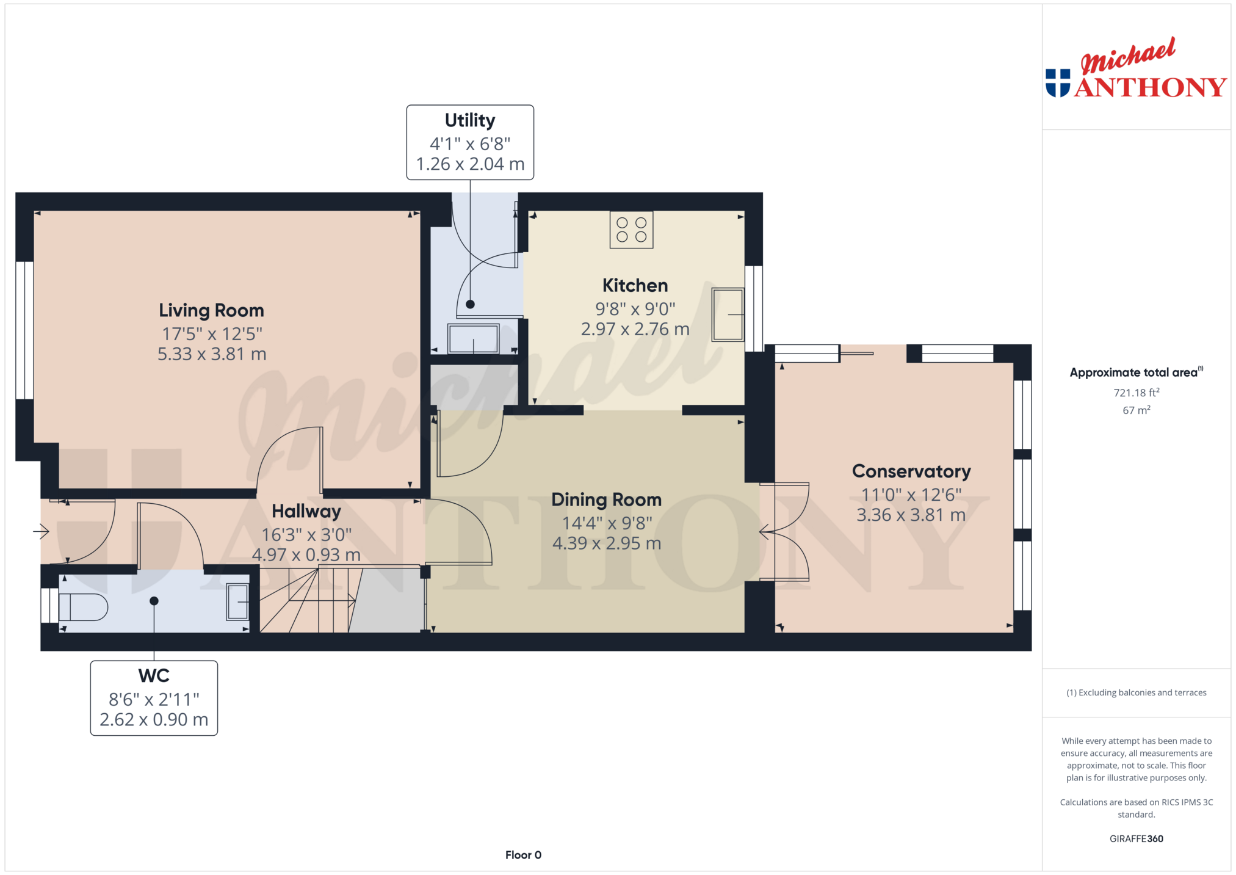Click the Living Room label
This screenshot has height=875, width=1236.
(211, 310)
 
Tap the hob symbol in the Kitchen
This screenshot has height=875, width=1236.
(631, 230)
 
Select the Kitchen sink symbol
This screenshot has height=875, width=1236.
(728, 314)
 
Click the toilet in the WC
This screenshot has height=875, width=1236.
(83, 607)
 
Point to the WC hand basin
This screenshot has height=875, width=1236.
(237, 602)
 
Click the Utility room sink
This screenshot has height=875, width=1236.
(474, 339)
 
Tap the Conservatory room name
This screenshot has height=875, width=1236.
(911, 471)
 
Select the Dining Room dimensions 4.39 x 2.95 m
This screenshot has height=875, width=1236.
(607, 543)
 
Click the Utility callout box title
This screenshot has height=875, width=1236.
(470, 120)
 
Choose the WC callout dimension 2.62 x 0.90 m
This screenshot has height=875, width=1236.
(154, 720)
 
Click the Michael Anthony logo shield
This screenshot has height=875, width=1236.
(1058, 83)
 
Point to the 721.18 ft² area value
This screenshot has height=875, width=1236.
(1137, 393)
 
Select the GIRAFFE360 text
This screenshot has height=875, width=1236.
(1137, 839)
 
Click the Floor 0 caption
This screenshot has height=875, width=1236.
(523, 855)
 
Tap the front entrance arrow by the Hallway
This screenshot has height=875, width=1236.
(41, 532)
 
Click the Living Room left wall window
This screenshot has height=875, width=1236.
(24, 330)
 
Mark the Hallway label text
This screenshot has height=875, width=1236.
(306, 512)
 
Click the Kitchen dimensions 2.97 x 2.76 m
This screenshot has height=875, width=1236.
(635, 330)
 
